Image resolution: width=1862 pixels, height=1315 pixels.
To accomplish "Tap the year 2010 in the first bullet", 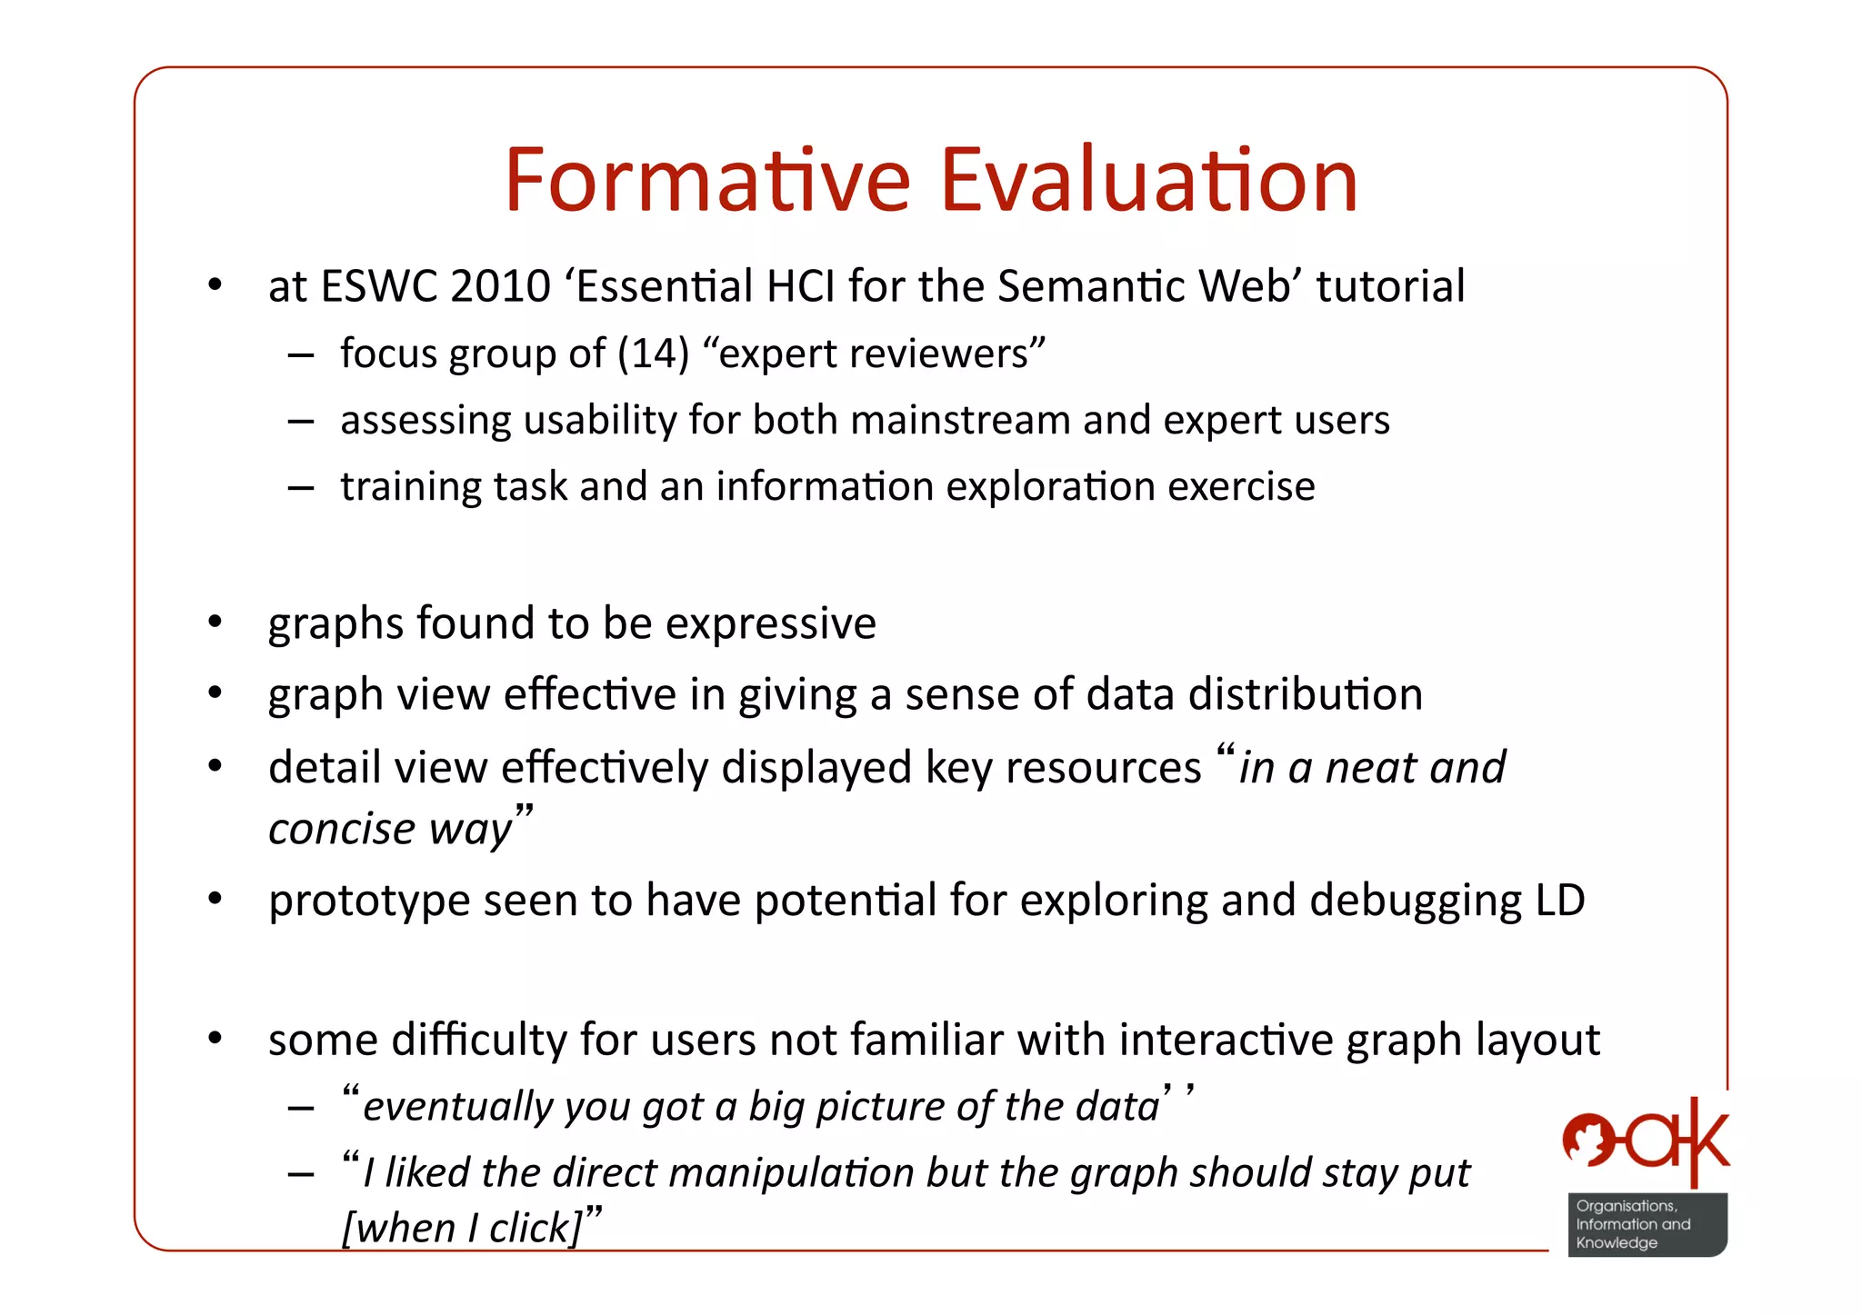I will coord(500,286).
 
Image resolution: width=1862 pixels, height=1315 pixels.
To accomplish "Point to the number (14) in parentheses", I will coord(653,354).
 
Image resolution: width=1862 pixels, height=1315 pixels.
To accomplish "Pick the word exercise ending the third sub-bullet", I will coord(1241,486).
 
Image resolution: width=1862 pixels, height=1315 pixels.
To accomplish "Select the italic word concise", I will coord(342,829).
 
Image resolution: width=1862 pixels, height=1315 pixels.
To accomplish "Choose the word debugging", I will coord(1416,902).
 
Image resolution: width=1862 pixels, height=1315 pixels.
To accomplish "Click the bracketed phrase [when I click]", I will coord(462,1229).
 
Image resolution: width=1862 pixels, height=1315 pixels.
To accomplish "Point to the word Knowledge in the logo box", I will coord(1617,1243).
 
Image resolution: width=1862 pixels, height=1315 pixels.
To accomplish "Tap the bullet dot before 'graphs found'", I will coord(215,623).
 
